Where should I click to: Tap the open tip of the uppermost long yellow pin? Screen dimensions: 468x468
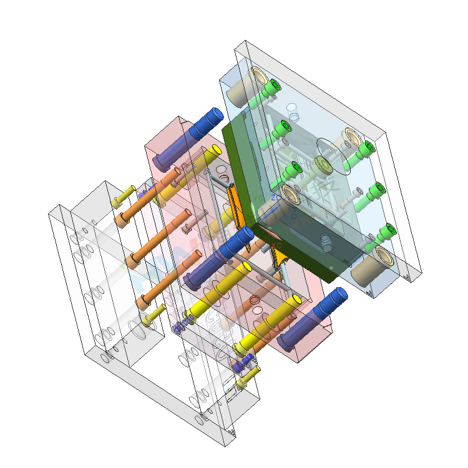pos(216,150)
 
